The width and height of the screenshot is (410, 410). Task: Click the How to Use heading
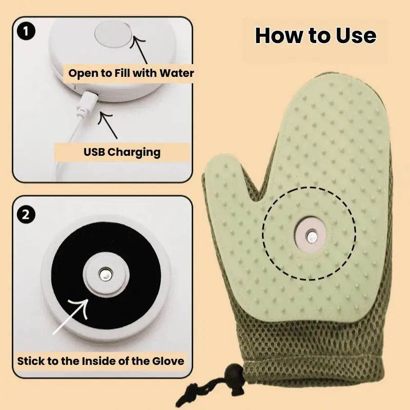tap(315, 36)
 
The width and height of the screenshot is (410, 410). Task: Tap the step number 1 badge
tap(26, 32)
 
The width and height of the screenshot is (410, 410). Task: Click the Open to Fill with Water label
tap(131, 73)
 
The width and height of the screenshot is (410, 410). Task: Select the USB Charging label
tap(122, 152)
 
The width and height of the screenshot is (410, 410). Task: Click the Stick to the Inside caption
tap(100, 360)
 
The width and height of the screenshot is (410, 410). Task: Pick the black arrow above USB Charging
tap(109, 126)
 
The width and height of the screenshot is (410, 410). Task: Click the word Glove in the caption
tap(167, 360)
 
